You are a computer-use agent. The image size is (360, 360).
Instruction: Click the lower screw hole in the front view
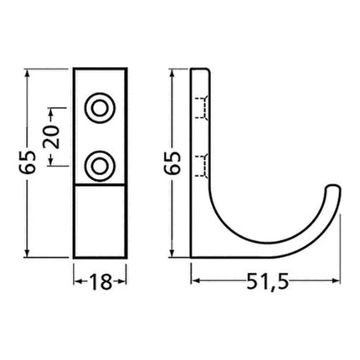pos(100,165)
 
